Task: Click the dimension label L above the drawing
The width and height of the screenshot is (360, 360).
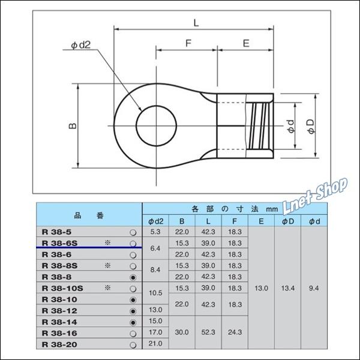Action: click(x=196, y=22)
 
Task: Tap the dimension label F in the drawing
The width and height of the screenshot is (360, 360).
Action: click(x=187, y=43)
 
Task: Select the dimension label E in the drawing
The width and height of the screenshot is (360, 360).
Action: click(x=246, y=43)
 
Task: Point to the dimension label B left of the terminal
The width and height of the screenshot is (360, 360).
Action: click(x=71, y=126)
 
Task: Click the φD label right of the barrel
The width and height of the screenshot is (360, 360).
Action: click(x=310, y=126)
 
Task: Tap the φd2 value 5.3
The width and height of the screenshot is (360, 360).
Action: click(x=155, y=232)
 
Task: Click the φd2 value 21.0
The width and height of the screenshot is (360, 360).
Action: click(x=155, y=343)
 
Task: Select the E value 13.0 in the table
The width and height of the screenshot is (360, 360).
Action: click(x=261, y=288)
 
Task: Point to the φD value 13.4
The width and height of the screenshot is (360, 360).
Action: click(x=287, y=288)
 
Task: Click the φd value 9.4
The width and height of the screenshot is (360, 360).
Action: click(x=313, y=288)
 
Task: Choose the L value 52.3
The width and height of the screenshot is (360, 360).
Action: click(x=208, y=332)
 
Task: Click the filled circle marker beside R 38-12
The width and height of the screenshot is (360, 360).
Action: click(x=133, y=310)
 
